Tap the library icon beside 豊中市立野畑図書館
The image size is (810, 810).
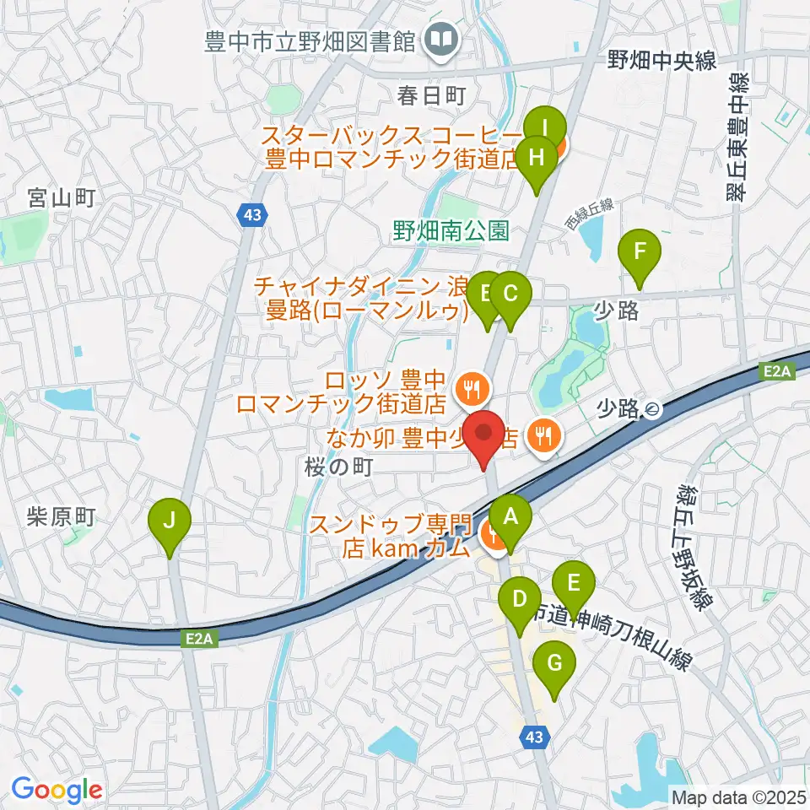pyautogui.click(x=440, y=38)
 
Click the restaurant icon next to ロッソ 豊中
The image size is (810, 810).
pyautogui.click(x=469, y=389)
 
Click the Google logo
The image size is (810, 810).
pyautogui.click(x=57, y=790)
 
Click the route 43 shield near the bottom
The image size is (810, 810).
pyautogui.click(x=533, y=737)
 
